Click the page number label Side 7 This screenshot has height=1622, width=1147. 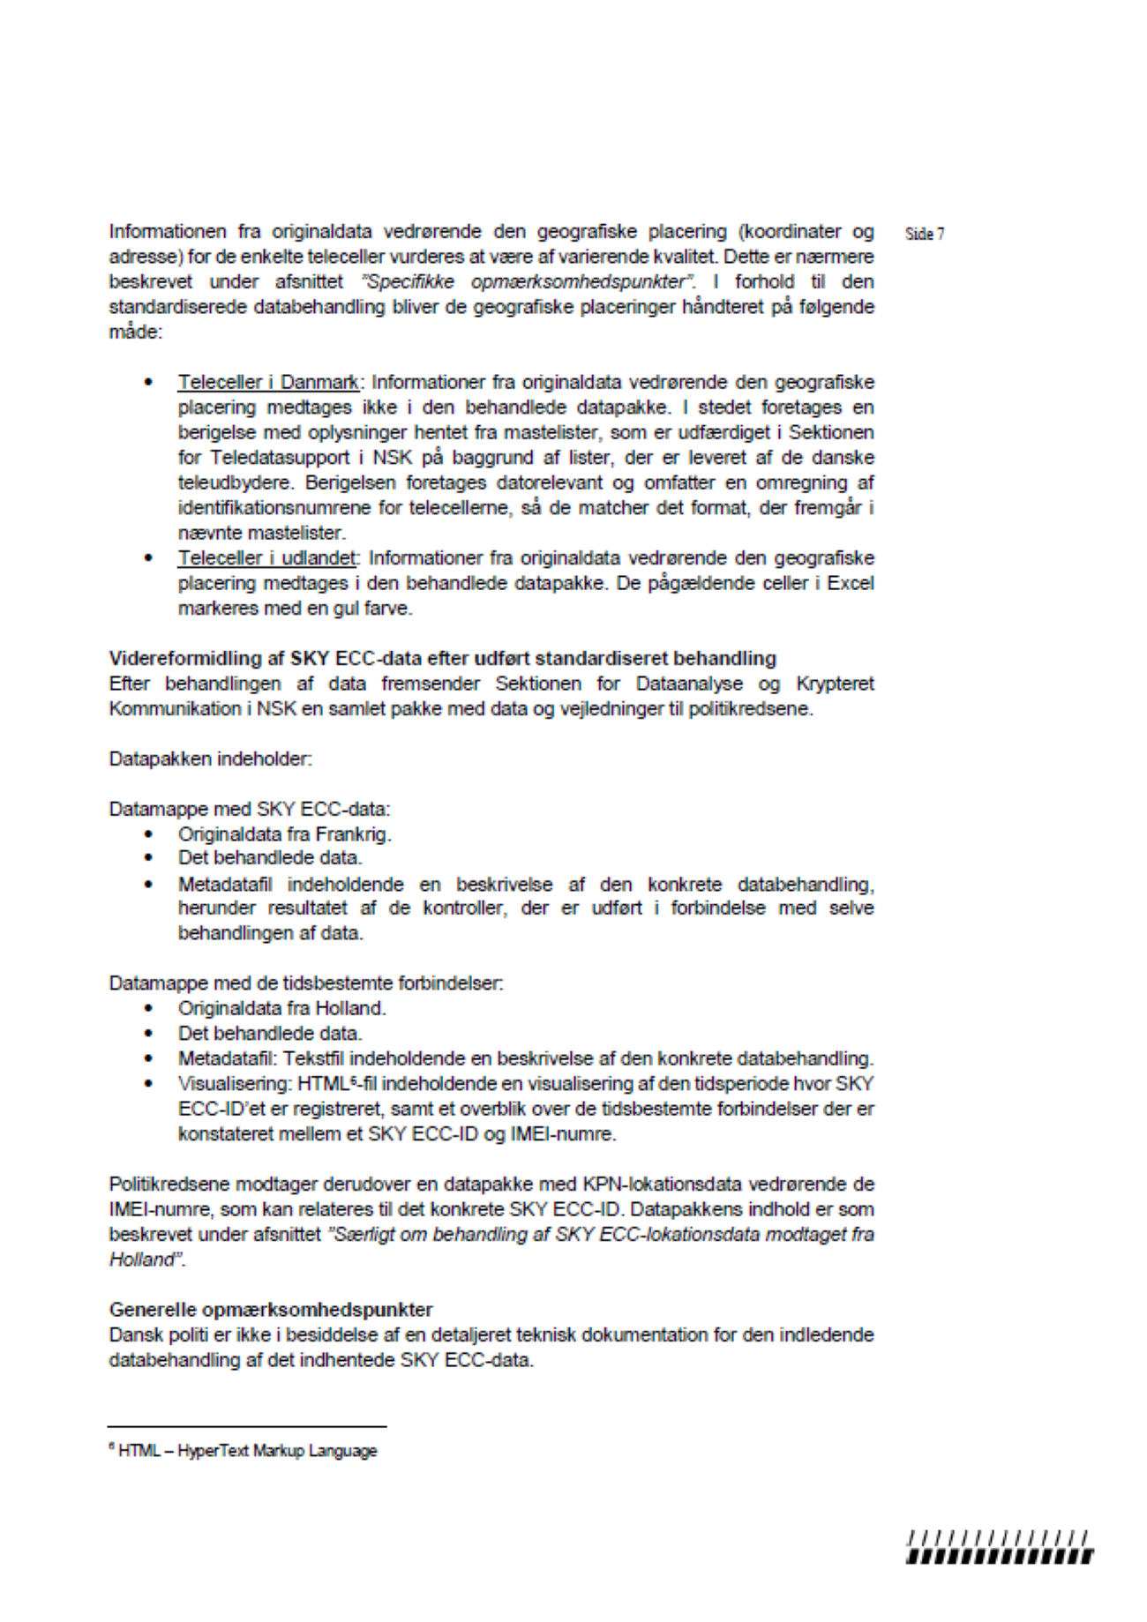tap(924, 234)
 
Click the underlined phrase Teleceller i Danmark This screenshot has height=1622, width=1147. tap(268, 383)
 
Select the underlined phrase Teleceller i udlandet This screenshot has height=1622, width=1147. tap(267, 558)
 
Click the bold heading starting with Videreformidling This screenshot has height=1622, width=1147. tap(442, 658)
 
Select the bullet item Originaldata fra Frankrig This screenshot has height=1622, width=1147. tap(284, 833)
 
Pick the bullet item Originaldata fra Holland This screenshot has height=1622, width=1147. tap(281, 1008)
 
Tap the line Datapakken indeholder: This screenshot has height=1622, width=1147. tap(210, 759)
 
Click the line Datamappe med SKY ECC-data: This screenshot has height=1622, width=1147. tap(250, 809)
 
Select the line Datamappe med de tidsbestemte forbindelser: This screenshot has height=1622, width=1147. tap(306, 983)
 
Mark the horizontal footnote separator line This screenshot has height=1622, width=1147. tap(247, 1426)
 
